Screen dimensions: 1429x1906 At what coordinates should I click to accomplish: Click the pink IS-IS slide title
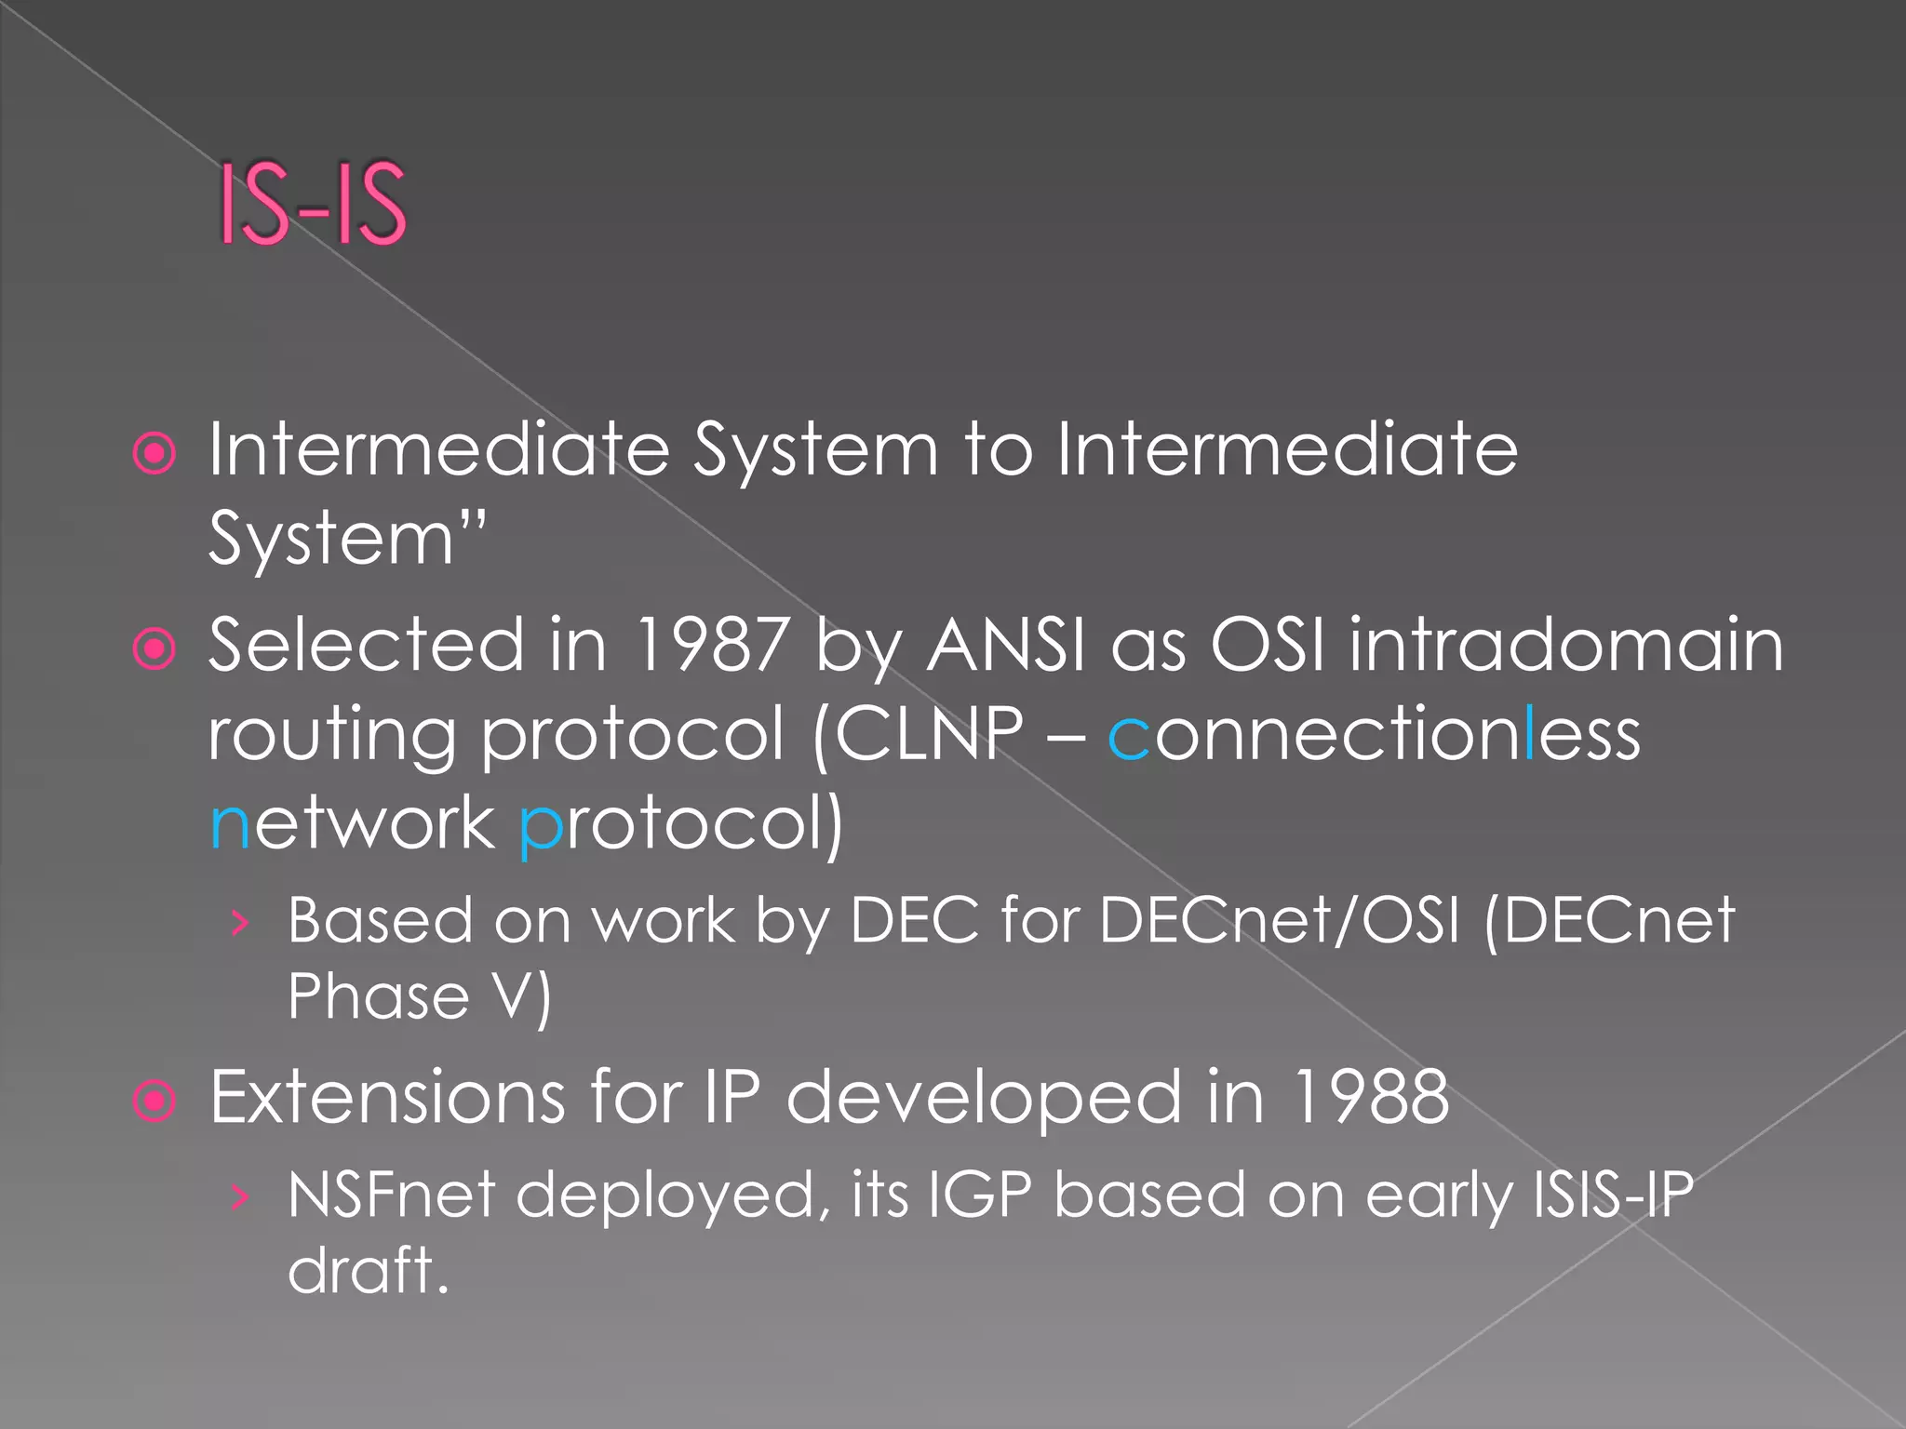point(313,203)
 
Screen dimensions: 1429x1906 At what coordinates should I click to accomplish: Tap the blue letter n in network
point(230,825)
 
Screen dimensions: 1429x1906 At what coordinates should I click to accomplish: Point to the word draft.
point(368,1270)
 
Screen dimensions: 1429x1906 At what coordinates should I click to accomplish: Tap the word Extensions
point(387,1097)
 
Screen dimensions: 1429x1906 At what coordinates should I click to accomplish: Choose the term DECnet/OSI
point(1280,921)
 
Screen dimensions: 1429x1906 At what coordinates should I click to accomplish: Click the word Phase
point(378,996)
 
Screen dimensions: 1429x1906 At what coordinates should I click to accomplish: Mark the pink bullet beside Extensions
point(154,1101)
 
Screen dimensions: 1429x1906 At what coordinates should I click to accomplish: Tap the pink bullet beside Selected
point(154,648)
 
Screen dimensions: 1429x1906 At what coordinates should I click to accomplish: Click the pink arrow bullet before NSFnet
point(241,1196)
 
